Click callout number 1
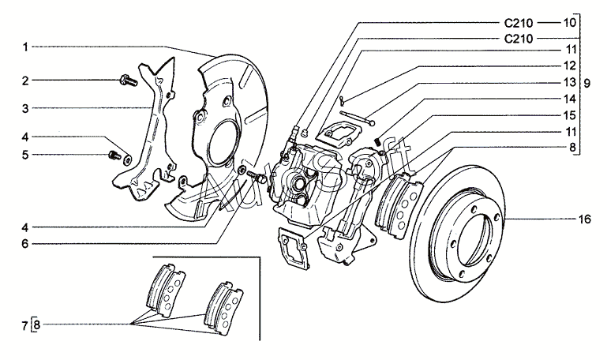25,47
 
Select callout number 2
25,81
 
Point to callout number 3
25,107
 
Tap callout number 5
25,155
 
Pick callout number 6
25,245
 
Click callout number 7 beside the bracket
25,324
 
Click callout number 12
570,66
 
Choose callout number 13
570,82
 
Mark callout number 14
570,99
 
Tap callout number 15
570,115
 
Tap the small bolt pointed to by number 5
113,153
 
